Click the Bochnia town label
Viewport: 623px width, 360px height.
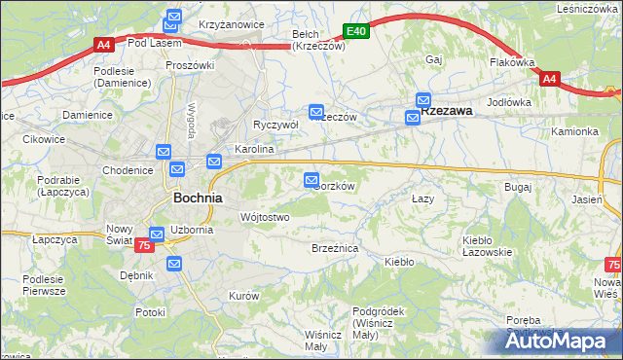(197, 197)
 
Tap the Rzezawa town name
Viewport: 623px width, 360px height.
(447, 111)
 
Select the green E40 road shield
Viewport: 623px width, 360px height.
(357, 31)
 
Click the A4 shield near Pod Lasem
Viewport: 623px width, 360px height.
(104, 44)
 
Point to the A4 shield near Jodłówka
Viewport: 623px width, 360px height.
(549, 79)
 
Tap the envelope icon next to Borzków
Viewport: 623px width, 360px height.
(311, 180)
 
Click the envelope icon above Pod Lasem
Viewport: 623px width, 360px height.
(173, 17)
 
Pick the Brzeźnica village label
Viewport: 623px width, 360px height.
(335, 249)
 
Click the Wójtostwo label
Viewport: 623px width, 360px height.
(264, 217)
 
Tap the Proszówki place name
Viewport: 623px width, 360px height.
(189, 65)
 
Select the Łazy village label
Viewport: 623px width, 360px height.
(421, 198)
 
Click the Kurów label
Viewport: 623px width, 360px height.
(242, 295)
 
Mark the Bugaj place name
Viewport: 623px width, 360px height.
(517, 186)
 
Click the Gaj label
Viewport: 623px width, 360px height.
(434, 59)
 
